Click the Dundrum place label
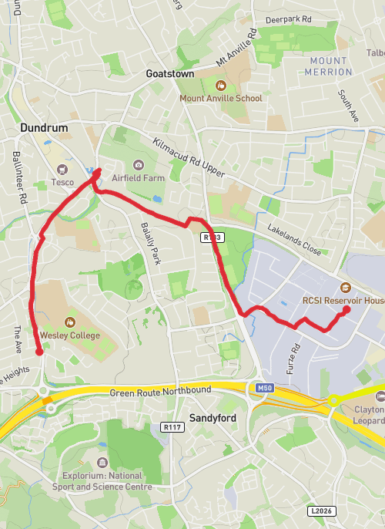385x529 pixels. [44, 127]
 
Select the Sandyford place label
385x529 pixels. [213, 417]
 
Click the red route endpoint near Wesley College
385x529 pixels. [39, 352]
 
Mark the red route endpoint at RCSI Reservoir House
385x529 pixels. [346, 310]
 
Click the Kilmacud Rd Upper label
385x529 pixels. [189, 159]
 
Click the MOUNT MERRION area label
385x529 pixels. [329, 66]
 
